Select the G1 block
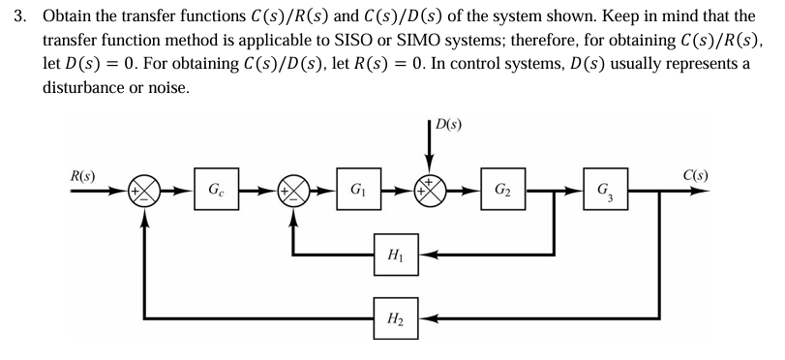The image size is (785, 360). (357, 189)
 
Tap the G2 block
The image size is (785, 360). (501, 189)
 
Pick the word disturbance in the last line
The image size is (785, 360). (85, 88)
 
